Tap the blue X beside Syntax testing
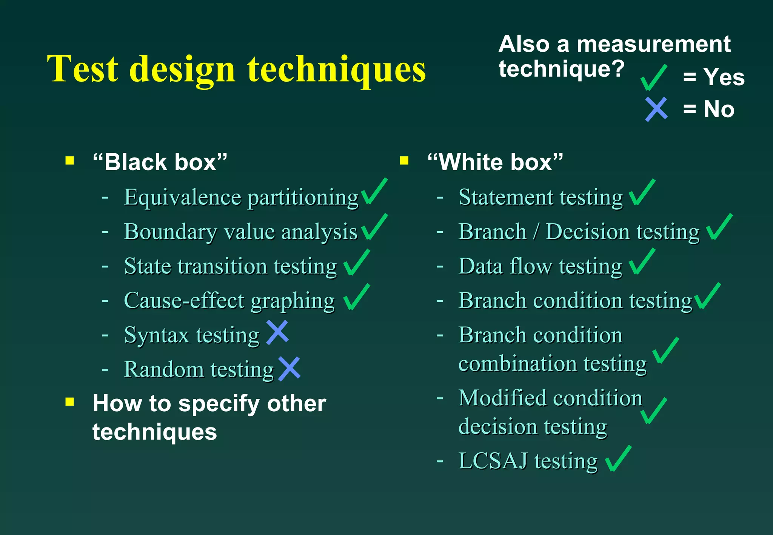click(x=277, y=332)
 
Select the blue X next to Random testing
click(x=289, y=368)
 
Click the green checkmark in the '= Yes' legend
click(x=653, y=78)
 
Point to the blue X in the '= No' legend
click(x=656, y=109)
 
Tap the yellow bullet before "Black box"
click(x=69, y=161)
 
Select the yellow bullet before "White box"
click(x=404, y=161)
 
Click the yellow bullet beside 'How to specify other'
click(x=69, y=402)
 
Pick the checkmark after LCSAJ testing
click(x=618, y=459)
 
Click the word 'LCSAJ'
click(x=493, y=461)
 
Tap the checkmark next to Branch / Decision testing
click(x=719, y=227)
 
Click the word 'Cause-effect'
click(x=184, y=300)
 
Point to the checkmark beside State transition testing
click(x=356, y=263)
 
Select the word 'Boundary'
click(x=171, y=232)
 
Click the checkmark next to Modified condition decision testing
click(x=653, y=411)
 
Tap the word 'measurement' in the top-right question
click(x=653, y=44)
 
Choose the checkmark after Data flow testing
click(x=642, y=261)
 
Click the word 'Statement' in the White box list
click(x=506, y=197)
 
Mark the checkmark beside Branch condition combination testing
click(x=665, y=351)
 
